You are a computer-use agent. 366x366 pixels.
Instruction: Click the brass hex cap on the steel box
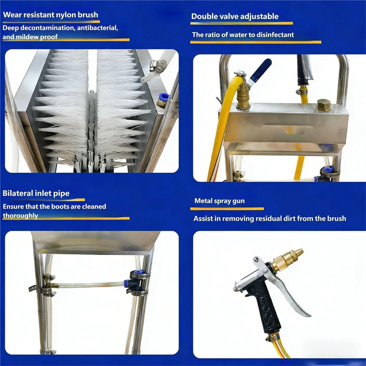324,105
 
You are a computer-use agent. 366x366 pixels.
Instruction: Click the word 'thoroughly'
20,216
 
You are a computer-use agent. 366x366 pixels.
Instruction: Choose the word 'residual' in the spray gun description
268,219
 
